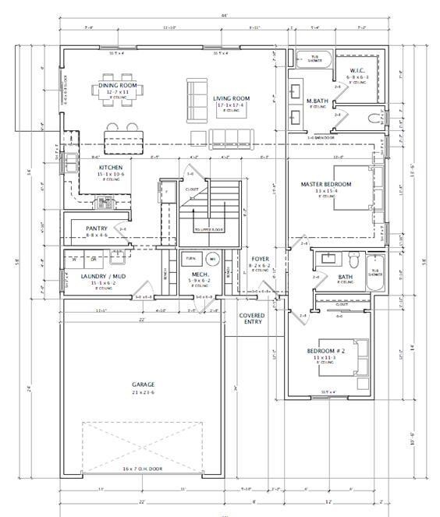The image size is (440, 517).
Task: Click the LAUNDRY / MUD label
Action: [x=103, y=276]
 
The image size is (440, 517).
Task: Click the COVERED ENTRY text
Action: [x=253, y=319]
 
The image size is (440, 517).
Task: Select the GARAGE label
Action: [x=143, y=384]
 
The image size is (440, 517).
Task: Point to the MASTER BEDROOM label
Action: [x=326, y=185]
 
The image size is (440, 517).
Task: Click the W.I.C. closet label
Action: [x=358, y=72]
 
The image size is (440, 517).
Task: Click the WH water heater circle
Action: [x=211, y=259]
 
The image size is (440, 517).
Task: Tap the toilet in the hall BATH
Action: [x=352, y=260]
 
